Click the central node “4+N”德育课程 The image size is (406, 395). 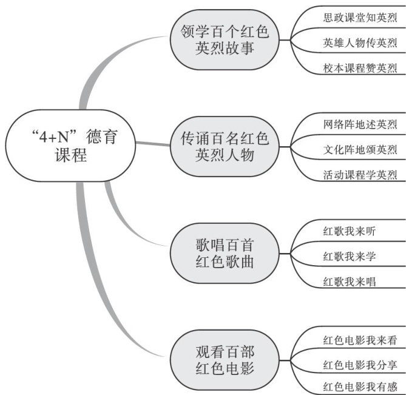coord(70,146)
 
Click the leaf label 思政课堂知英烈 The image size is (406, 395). coord(360,18)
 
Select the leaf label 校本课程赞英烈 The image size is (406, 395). coord(360,68)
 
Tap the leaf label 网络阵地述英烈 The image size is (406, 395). coord(360,124)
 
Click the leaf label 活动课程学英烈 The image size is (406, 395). coord(360,175)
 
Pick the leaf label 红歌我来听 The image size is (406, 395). coord(349,231)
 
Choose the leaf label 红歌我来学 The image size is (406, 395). coord(349,256)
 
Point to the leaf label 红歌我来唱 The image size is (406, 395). coord(349,282)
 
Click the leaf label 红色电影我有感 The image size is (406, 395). coord(360,387)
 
